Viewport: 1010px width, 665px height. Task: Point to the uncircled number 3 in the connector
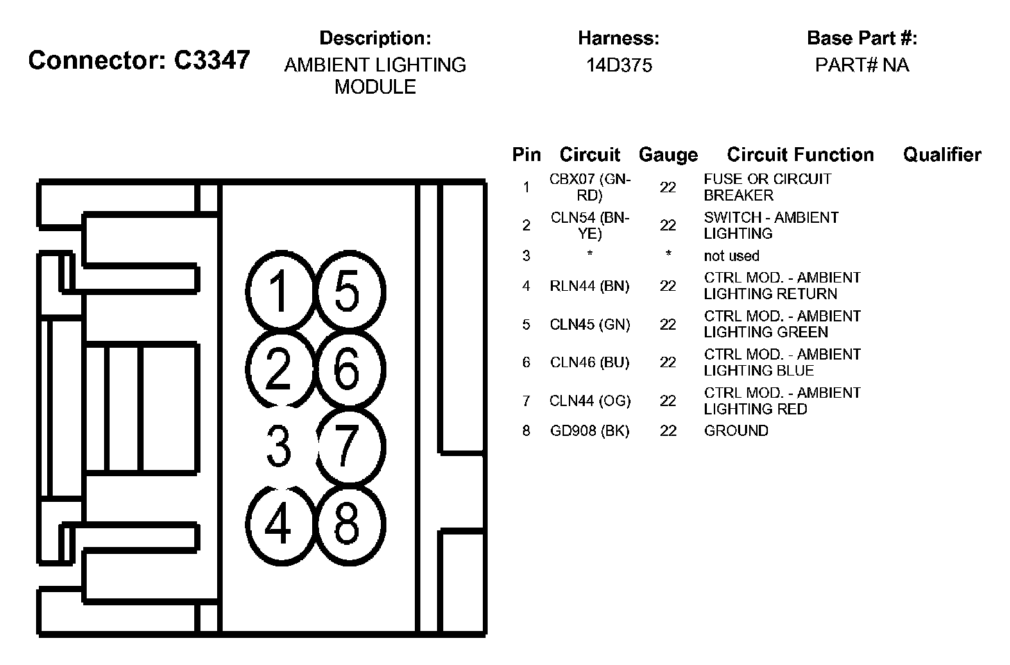(x=278, y=446)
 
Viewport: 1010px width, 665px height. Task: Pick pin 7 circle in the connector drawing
(x=350, y=446)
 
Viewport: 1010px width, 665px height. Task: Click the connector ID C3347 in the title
(x=212, y=60)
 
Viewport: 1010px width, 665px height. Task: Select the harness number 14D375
(x=619, y=65)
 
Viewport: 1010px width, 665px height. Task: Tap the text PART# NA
(x=862, y=65)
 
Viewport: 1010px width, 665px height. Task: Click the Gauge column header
(x=668, y=155)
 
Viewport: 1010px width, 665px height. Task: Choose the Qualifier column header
(x=942, y=155)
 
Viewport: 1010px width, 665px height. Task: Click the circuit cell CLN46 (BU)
(x=590, y=362)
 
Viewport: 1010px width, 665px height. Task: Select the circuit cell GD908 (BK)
(x=590, y=431)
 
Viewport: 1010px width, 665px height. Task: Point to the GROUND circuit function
(x=736, y=431)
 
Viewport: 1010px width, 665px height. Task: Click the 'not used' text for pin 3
(x=731, y=256)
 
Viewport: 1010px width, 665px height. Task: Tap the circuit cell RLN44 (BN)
(x=590, y=285)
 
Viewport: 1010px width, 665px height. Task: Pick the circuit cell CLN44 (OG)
(x=590, y=401)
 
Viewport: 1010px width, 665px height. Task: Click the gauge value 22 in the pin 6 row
(x=668, y=362)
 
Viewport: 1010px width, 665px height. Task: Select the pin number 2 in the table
(x=527, y=225)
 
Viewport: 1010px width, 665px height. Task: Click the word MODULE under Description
(x=375, y=87)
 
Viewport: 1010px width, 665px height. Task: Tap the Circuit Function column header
(x=801, y=155)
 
